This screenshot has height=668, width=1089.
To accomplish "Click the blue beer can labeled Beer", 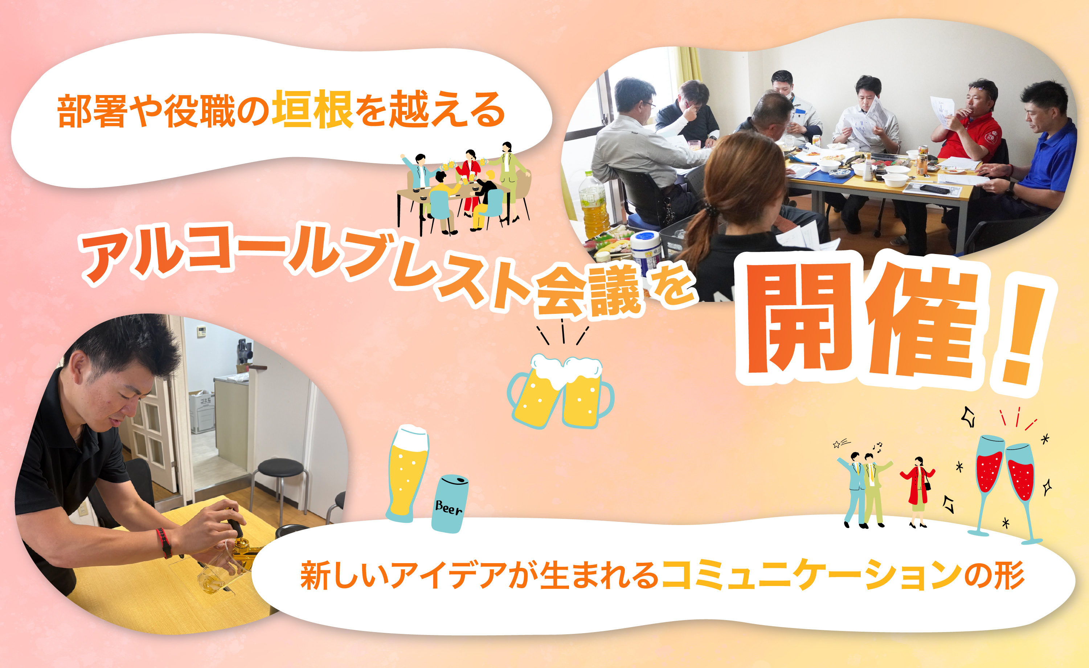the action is click(x=450, y=504).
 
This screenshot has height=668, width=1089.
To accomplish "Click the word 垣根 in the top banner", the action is click(x=312, y=109).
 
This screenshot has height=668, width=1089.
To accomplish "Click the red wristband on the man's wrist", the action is click(x=164, y=542).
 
